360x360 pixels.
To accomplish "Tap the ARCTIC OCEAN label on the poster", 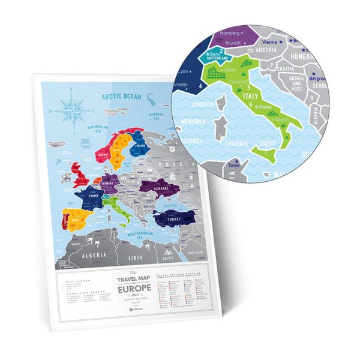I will (122, 96).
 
